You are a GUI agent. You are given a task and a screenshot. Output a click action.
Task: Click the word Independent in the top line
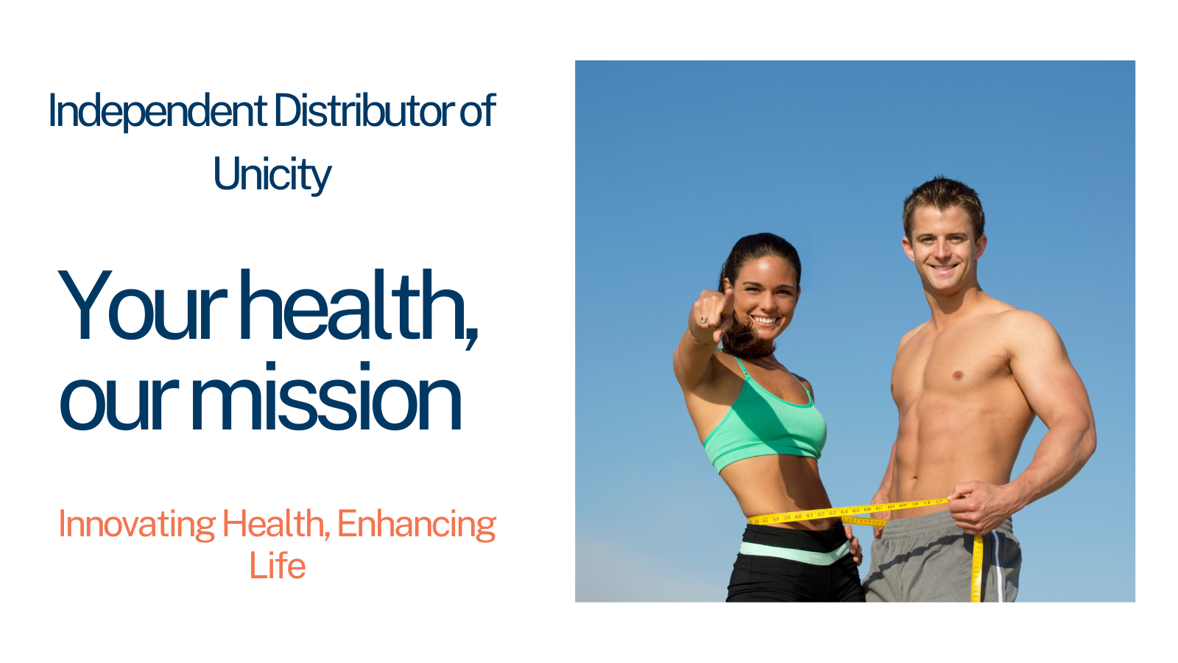[158, 111]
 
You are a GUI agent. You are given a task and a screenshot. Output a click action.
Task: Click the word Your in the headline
[141, 305]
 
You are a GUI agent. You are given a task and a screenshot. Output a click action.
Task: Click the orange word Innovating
[137, 525]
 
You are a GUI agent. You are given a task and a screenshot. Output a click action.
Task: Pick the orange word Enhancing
[417, 525]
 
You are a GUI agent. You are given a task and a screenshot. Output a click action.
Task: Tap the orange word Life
[277, 566]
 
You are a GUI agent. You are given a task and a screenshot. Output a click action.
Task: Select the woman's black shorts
[794, 563]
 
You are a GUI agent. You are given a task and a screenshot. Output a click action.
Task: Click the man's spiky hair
[943, 203]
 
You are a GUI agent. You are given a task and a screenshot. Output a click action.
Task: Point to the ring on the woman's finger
[703, 320]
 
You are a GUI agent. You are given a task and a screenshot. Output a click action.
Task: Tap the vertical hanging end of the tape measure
[977, 568]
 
